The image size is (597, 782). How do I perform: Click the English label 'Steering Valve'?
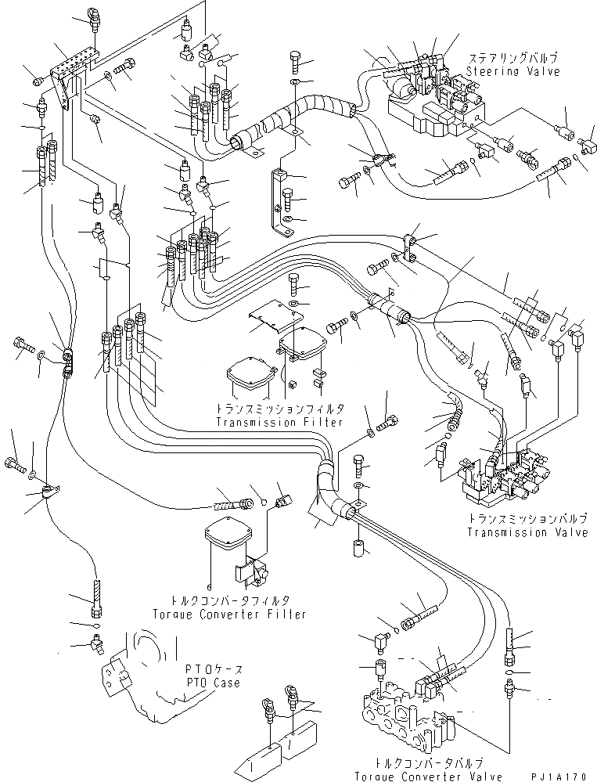[x=513, y=71]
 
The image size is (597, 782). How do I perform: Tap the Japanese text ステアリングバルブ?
[x=512, y=59]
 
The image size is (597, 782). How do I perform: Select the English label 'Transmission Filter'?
[x=279, y=423]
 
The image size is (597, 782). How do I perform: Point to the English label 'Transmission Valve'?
[x=527, y=532]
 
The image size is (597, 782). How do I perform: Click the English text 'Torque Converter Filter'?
[x=229, y=614]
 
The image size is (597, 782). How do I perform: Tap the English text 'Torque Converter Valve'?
[x=429, y=776]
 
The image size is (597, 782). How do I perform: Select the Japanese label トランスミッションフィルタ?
[x=279, y=409]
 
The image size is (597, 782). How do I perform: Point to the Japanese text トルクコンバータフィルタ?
[x=229, y=600]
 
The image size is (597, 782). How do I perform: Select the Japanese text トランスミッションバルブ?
[x=527, y=519]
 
